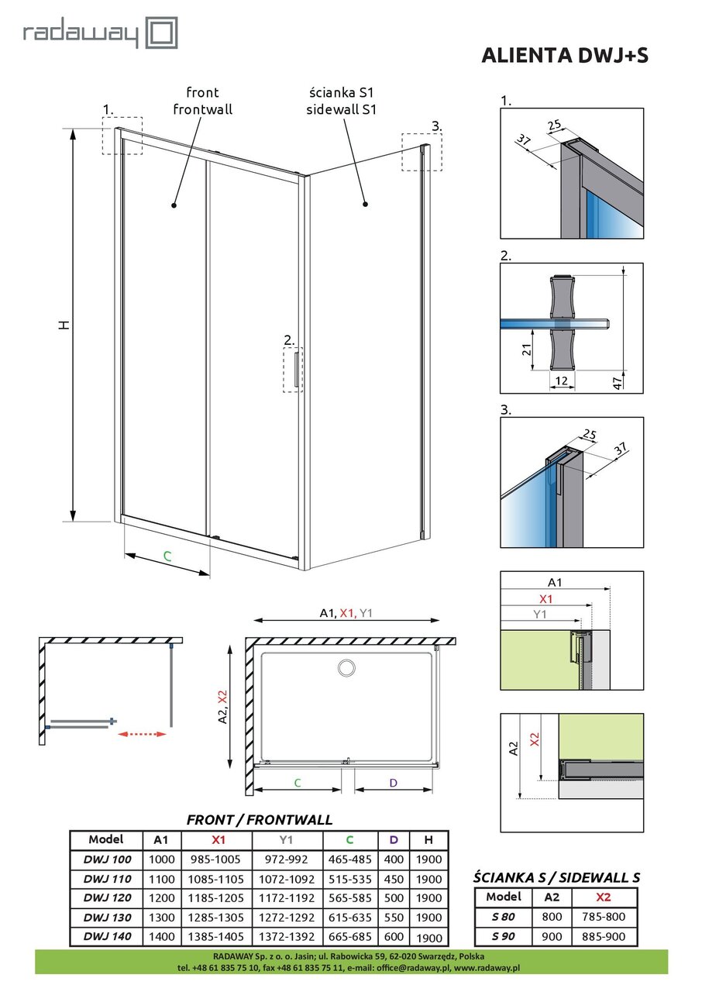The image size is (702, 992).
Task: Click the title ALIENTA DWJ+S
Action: pyautogui.click(x=565, y=55)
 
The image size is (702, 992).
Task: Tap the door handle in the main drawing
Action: pyautogui.click(x=296, y=370)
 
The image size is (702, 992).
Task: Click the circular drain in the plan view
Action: pyautogui.click(x=346, y=667)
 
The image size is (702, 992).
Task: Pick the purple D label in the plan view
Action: pyautogui.click(x=393, y=783)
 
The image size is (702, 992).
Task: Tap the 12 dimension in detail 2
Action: pyautogui.click(x=562, y=381)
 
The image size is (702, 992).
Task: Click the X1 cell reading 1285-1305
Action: pyautogui.click(x=216, y=917)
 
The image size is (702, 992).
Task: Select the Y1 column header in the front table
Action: pyautogui.click(x=287, y=840)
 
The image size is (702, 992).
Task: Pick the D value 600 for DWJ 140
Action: pyautogui.click(x=394, y=936)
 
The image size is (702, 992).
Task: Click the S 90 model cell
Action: pyautogui.click(x=503, y=936)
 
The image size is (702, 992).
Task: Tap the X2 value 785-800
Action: pyautogui.click(x=604, y=917)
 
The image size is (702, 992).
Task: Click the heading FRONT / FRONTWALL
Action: pyautogui.click(x=260, y=819)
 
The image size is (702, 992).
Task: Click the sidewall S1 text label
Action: pyautogui.click(x=341, y=110)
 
